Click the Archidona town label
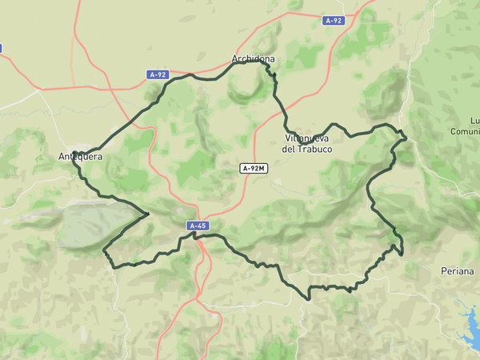(253, 59)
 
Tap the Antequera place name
(80, 157)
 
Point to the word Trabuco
(313, 149)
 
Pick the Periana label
(457, 272)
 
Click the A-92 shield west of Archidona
(158, 74)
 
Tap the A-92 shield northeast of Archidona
(334, 21)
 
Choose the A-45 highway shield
(198, 226)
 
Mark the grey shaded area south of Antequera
(92, 224)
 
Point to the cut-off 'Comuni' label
(466, 131)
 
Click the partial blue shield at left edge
(1, 48)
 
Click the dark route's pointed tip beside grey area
(148, 214)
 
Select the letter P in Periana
(444, 272)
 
